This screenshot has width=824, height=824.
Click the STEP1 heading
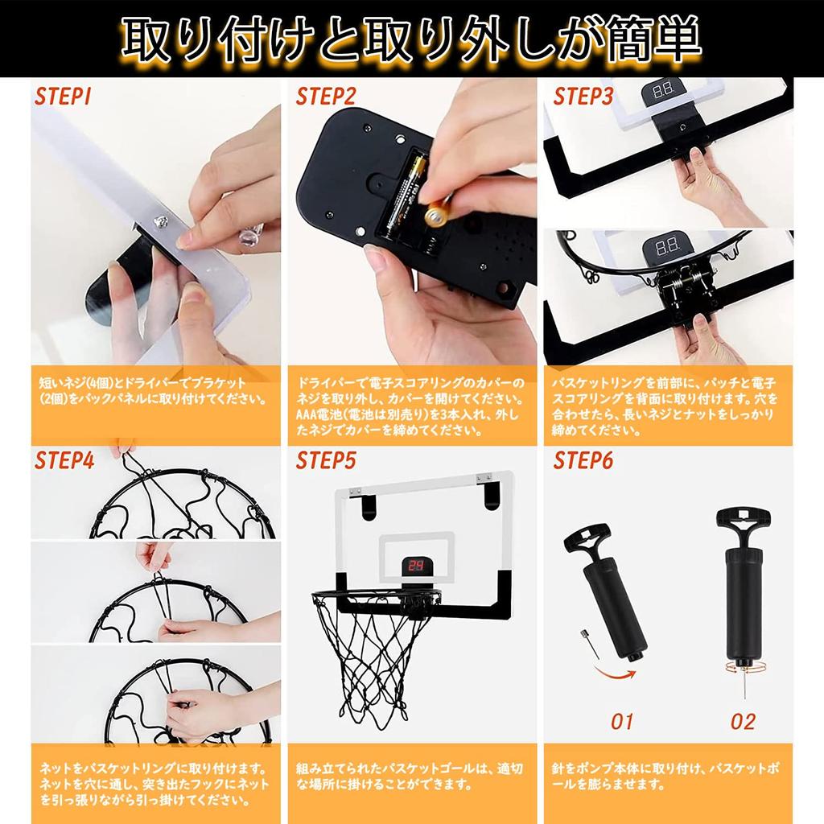point(63,98)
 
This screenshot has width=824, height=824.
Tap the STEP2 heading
point(326,98)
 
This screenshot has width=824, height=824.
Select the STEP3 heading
point(583,97)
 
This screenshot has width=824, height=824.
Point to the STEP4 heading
point(64,460)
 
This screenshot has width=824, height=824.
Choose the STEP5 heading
point(326,460)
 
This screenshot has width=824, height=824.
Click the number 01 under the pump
point(623,720)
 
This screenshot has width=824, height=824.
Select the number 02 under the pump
point(742,720)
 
